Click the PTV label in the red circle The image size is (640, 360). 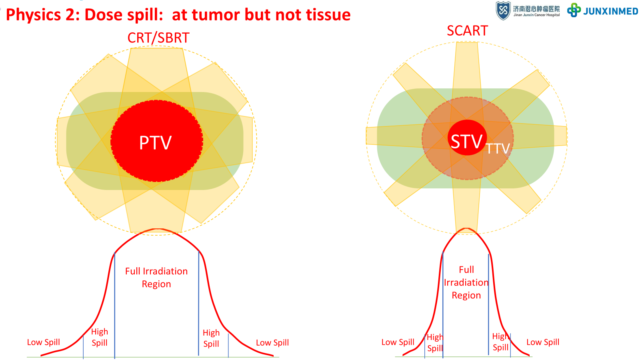pyautogui.click(x=155, y=143)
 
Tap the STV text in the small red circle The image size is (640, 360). pyautogui.click(x=466, y=141)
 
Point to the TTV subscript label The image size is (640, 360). pyautogui.click(x=498, y=149)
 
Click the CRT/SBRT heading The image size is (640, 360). pyautogui.click(x=158, y=38)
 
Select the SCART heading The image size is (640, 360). pyautogui.click(x=467, y=31)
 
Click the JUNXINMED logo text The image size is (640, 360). pyautogui.click(x=610, y=11)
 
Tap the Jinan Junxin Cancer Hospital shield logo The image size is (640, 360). pyautogui.click(x=503, y=10)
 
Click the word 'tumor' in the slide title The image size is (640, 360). pyautogui.click(x=216, y=15)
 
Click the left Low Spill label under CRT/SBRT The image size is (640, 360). pyautogui.click(x=43, y=342)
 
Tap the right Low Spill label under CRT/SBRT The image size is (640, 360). pyautogui.click(x=272, y=343)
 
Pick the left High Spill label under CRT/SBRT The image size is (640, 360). pyautogui.click(x=99, y=337)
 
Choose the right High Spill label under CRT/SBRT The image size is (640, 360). pyautogui.click(x=211, y=338)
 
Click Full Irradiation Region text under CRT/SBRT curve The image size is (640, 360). pyautogui.click(x=156, y=278)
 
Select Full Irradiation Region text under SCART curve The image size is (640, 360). pyautogui.click(x=466, y=282)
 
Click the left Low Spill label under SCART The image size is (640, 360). pyautogui.click(x=398, y=342)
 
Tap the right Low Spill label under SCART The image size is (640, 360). pyautogui.click(x=542, y=342)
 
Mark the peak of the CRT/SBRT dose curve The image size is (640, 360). pyautogui.click(x=158, y=229)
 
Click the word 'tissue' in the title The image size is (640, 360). pyautogui.click(x=328, y=15)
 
